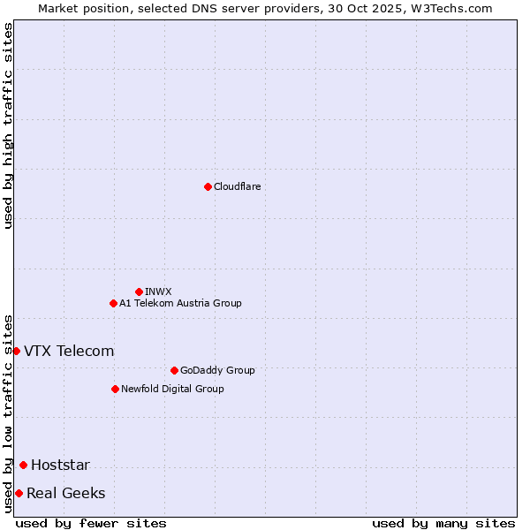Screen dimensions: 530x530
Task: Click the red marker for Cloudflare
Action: point(208,186)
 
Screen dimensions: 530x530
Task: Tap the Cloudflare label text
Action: point(237,186)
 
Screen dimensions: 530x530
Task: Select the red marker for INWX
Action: point(139,291)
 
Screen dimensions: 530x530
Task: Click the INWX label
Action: point(158,291)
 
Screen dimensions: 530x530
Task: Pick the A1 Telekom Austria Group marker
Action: point(113,303)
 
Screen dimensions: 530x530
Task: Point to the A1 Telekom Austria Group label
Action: point(180,303)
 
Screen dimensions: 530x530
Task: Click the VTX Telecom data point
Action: point(16,351)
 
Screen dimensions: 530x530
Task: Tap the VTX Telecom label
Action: point(69,351)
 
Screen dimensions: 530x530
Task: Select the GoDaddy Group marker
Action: point(174,370)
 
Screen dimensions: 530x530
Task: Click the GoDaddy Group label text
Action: point(216,370)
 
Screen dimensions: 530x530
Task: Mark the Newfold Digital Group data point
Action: point(115,389)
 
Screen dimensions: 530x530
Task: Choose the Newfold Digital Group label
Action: point(172,389)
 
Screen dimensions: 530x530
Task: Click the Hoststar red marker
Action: point(23,465)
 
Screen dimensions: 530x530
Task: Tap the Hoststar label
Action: point(60,466)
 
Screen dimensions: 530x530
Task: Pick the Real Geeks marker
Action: point(19,493)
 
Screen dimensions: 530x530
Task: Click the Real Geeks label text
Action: point(65,493)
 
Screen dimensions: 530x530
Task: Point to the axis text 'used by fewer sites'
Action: point(91,523)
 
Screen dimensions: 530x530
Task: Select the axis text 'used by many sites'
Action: point(443,523)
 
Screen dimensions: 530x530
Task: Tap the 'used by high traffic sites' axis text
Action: point(8,125)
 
